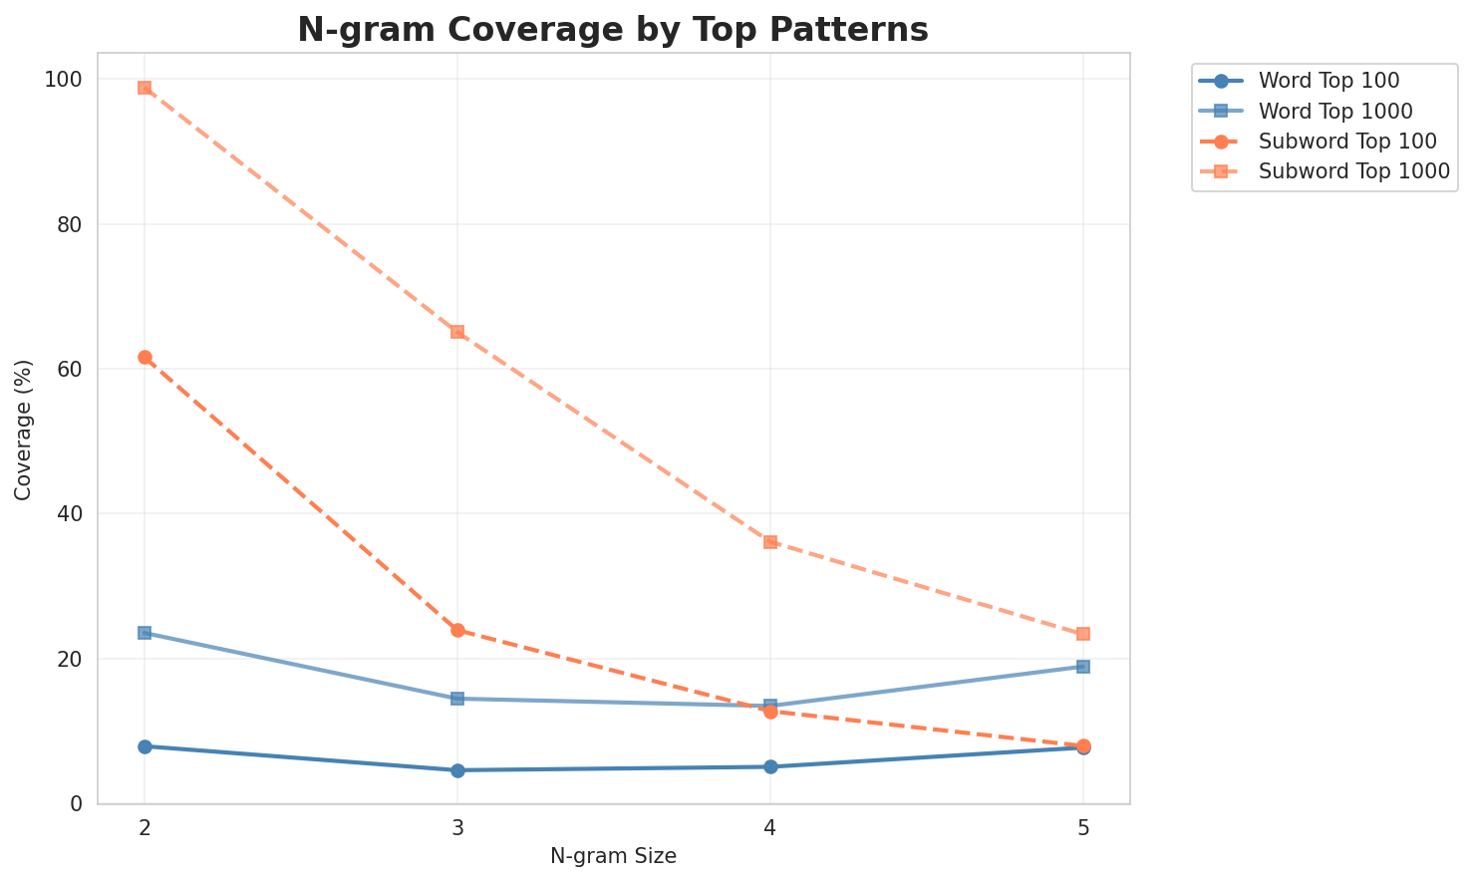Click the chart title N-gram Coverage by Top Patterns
coord(613,30)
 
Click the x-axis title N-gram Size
coord(613,856)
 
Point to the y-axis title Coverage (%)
coord(24,429)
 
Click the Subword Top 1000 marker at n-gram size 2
coord(145,88)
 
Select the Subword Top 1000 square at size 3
coord(457,332)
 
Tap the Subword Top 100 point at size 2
coord(145,357)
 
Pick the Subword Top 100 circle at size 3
coord(457,630)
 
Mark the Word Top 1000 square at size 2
coord(145,633)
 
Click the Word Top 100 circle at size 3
coord(457,770)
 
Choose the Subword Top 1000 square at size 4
coord(770,542)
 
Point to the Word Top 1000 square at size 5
coord(1083,667)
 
